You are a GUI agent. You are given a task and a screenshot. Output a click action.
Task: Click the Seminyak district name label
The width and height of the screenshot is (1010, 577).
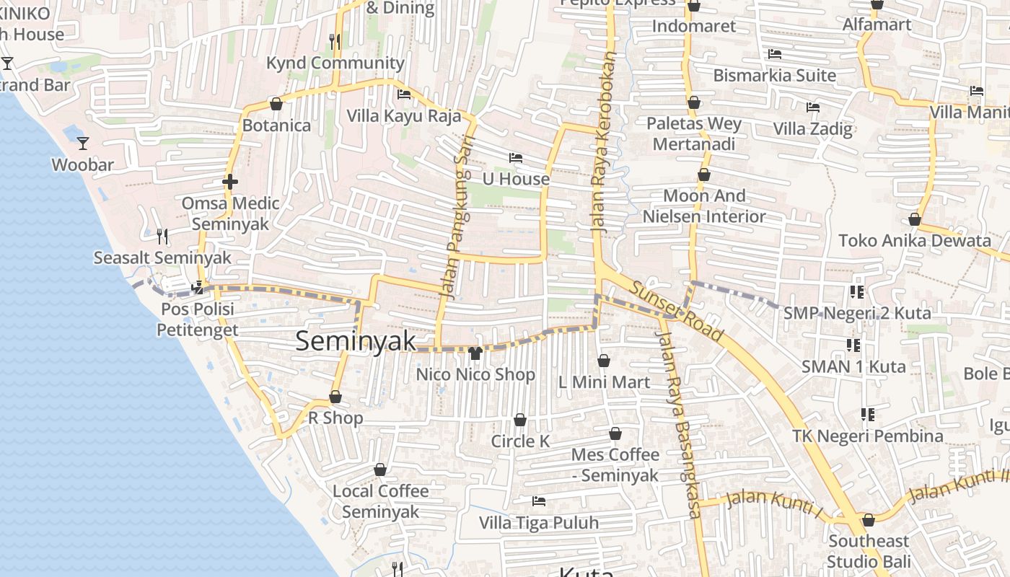[356, 341]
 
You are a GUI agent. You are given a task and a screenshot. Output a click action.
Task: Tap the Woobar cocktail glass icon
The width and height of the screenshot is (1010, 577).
[83, 144]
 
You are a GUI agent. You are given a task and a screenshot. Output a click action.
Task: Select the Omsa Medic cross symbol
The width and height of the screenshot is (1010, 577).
[230, 182]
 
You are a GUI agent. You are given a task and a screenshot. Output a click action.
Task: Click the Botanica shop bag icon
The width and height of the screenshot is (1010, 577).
[276, 104]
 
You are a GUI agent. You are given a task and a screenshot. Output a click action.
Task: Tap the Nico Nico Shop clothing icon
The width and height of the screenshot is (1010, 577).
[475, 353]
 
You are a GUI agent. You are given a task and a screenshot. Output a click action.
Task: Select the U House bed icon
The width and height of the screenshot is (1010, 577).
[516, 158]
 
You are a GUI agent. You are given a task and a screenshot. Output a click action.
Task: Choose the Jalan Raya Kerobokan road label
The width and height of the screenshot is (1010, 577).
[605, 141]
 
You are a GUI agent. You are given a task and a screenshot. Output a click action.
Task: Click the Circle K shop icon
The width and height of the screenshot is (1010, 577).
[520, 420]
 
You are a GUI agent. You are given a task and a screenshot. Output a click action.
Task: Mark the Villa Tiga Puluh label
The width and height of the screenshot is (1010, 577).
[540, 523]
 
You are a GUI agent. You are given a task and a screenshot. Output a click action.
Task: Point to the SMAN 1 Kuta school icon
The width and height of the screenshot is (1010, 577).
[853, 345]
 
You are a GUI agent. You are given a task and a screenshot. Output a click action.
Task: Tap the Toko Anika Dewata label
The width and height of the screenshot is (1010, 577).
[915, 241]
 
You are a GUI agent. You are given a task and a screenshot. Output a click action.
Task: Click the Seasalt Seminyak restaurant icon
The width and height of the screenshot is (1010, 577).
[162, 236]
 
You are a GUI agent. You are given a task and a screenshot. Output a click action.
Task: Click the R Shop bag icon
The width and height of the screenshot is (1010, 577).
[335, 397]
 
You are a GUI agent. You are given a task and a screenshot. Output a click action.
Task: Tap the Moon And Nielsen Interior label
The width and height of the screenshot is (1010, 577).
[704, 206]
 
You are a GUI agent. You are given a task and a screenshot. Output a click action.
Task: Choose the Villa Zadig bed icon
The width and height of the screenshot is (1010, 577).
[813, 107]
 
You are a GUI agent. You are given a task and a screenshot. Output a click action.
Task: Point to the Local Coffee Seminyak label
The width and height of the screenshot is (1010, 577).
[380, 501]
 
